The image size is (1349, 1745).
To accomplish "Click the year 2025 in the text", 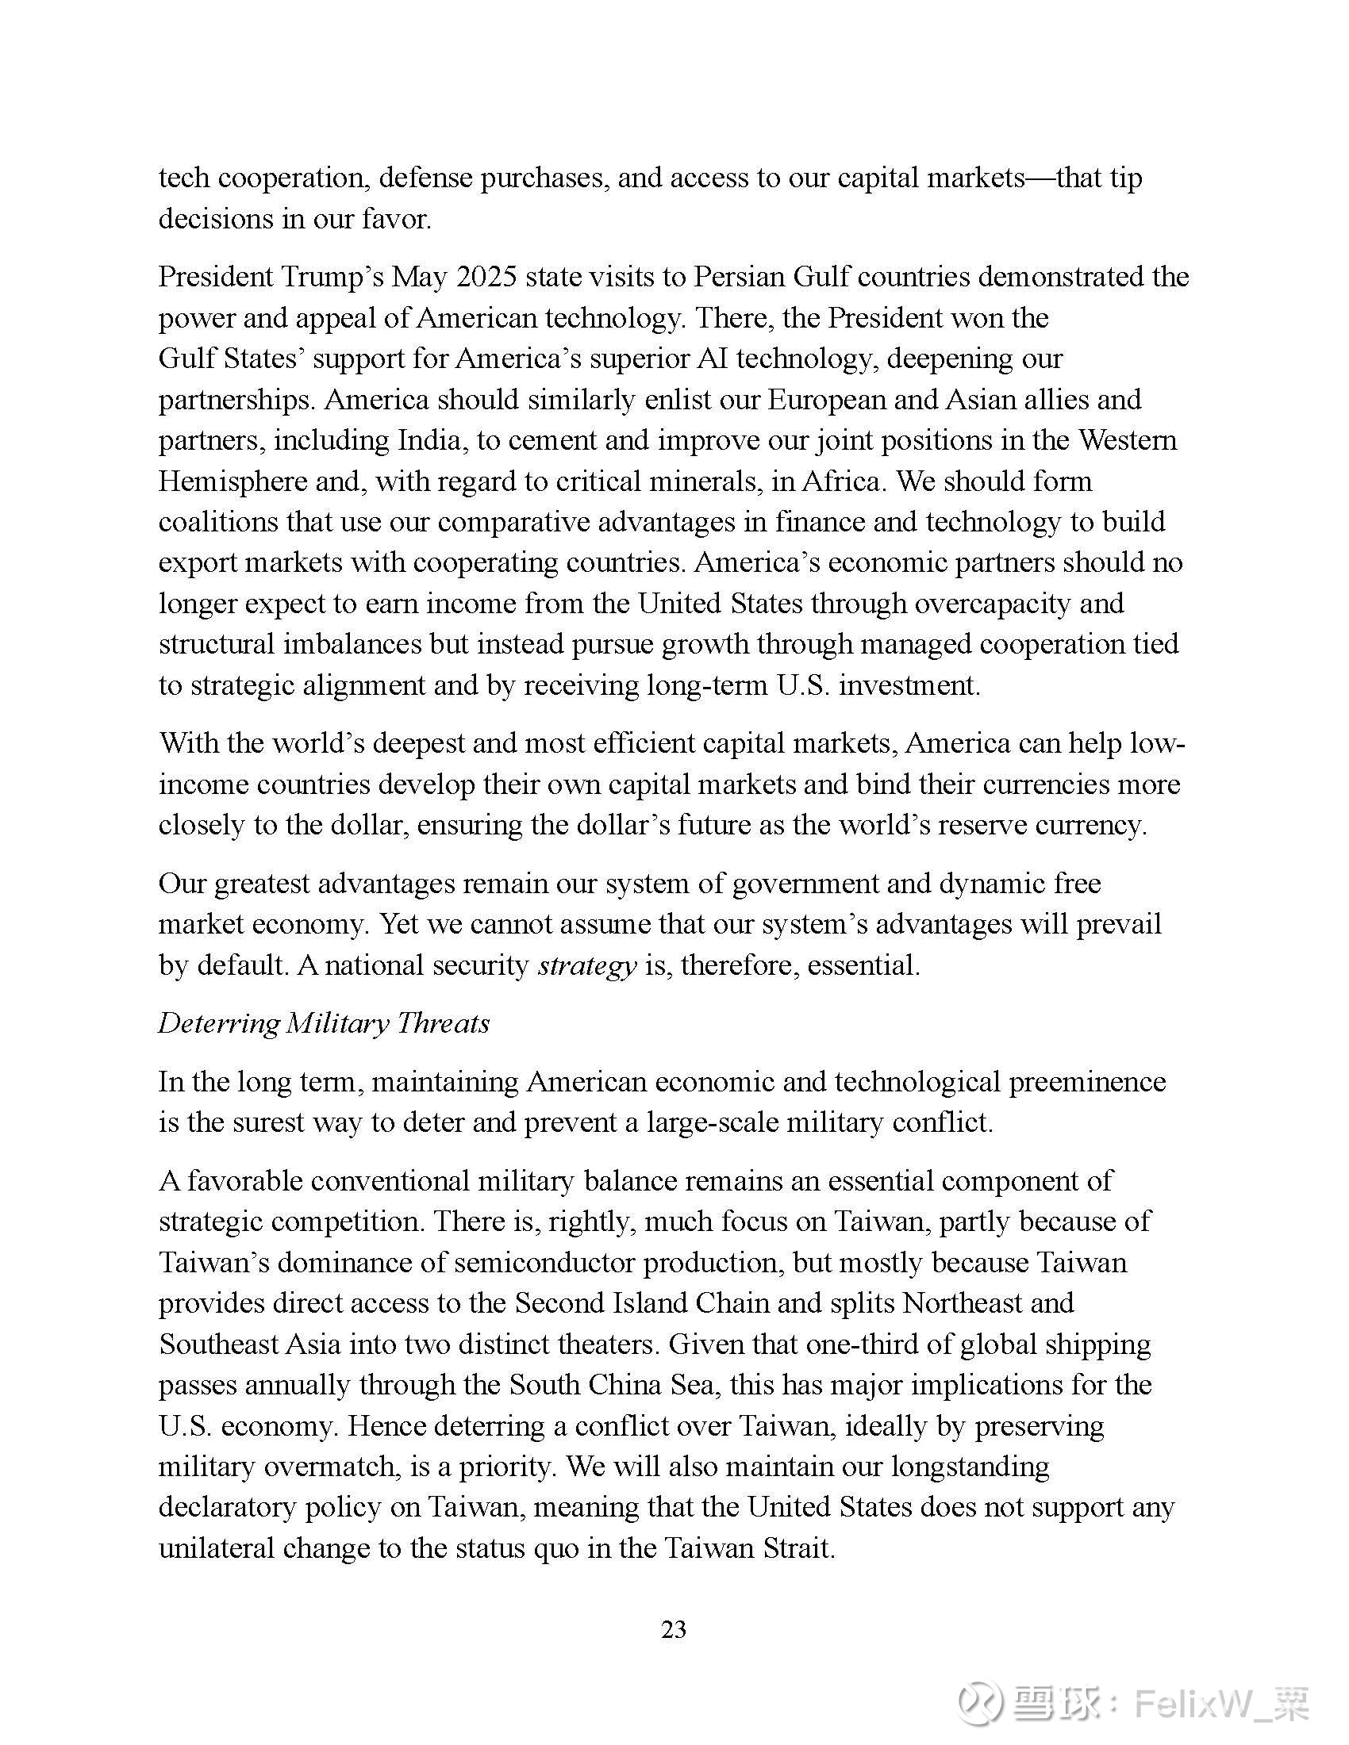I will tap(486, 277).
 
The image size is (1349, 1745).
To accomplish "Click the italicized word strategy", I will tap(587, 966).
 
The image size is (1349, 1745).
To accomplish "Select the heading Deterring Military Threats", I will tap(324, 1023).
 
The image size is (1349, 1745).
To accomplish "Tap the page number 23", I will tap(674, 1629).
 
